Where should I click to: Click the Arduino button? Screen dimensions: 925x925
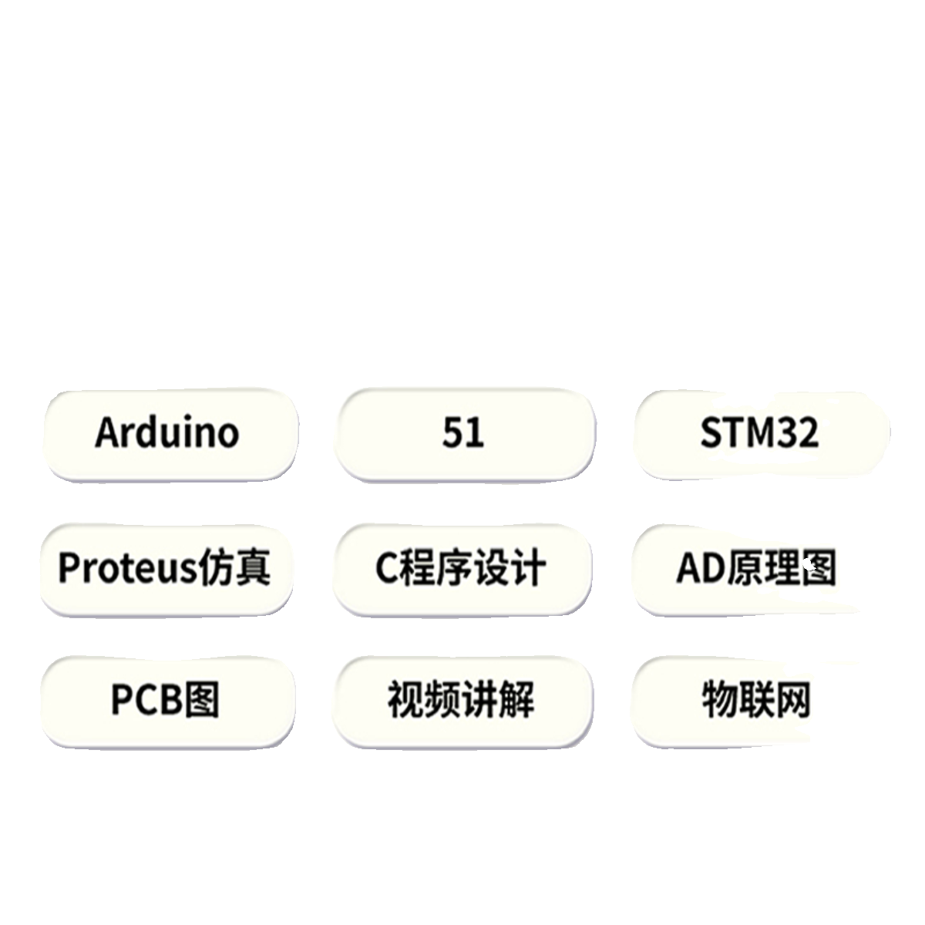[x=168, y=434]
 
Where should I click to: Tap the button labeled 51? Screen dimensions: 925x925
[x=463, y=434]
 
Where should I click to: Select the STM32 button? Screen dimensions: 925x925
[x=759, y=434]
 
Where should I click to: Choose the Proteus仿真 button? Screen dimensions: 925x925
[x=165, y=569]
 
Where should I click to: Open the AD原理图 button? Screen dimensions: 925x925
[x=755, y=569]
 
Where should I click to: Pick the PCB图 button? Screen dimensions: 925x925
[x=165, y=701]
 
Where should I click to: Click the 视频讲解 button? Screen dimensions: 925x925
[x=462, y=701]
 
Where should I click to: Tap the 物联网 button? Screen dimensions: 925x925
[x=756, y=701]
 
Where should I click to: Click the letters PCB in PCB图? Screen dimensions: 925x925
[x=146, y=701]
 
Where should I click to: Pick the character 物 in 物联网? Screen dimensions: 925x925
[x=718, y=701]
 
